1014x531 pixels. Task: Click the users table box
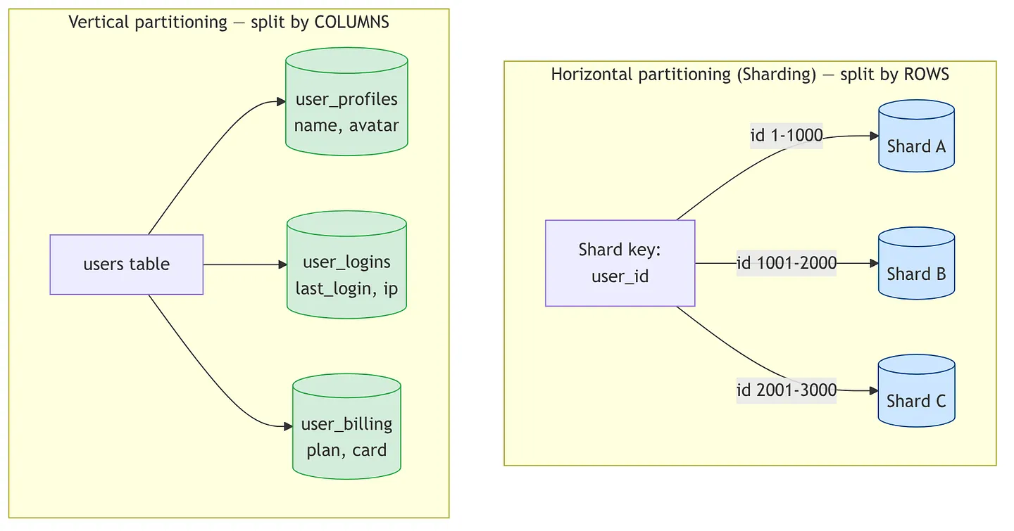(x=126, y=264)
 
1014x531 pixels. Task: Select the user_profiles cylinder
(x=346, y=102)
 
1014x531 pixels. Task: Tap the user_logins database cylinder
(x=346, y=264)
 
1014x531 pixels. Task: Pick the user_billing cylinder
(x=346, y=426)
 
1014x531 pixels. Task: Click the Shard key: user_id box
(x=620, y=263)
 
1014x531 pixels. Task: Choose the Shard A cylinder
(x=917, y=136)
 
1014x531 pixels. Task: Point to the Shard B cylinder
(x=917, y=263)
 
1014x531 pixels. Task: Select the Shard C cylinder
(x=917, y=391)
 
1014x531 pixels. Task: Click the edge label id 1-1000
(x=787, y=135)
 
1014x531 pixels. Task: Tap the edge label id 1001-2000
(x=787, y=263)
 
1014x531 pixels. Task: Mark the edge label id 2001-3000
(x=787, y=390)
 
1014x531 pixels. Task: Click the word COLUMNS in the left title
(x=352, y=22)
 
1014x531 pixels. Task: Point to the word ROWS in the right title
(x=926, y=74)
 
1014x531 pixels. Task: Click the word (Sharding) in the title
(x=776, y=75)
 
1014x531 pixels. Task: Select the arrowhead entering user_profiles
(x=281, y=102)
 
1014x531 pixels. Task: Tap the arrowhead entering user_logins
(x=282, y=264)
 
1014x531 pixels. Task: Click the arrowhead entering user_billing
(x=289, y=426)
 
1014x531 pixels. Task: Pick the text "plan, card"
(x=346, y=451)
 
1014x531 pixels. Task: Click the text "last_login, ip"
(x=346, y=288)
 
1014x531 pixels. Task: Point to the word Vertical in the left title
(x=99, y=22)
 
